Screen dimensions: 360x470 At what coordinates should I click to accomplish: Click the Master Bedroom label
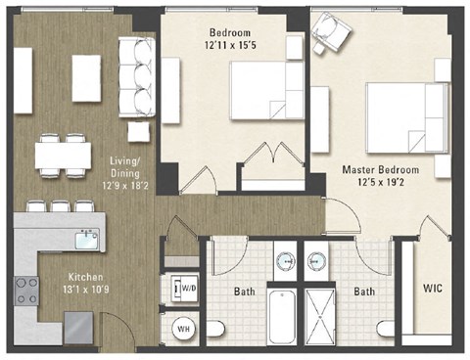[380, 169]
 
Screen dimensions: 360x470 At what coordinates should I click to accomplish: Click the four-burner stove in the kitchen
[25, 288]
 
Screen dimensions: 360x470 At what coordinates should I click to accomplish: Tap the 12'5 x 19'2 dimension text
[380, 183]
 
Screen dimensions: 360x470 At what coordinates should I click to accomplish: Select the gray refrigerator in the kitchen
[79, 328]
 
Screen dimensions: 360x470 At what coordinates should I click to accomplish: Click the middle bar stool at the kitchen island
[60, 206]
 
